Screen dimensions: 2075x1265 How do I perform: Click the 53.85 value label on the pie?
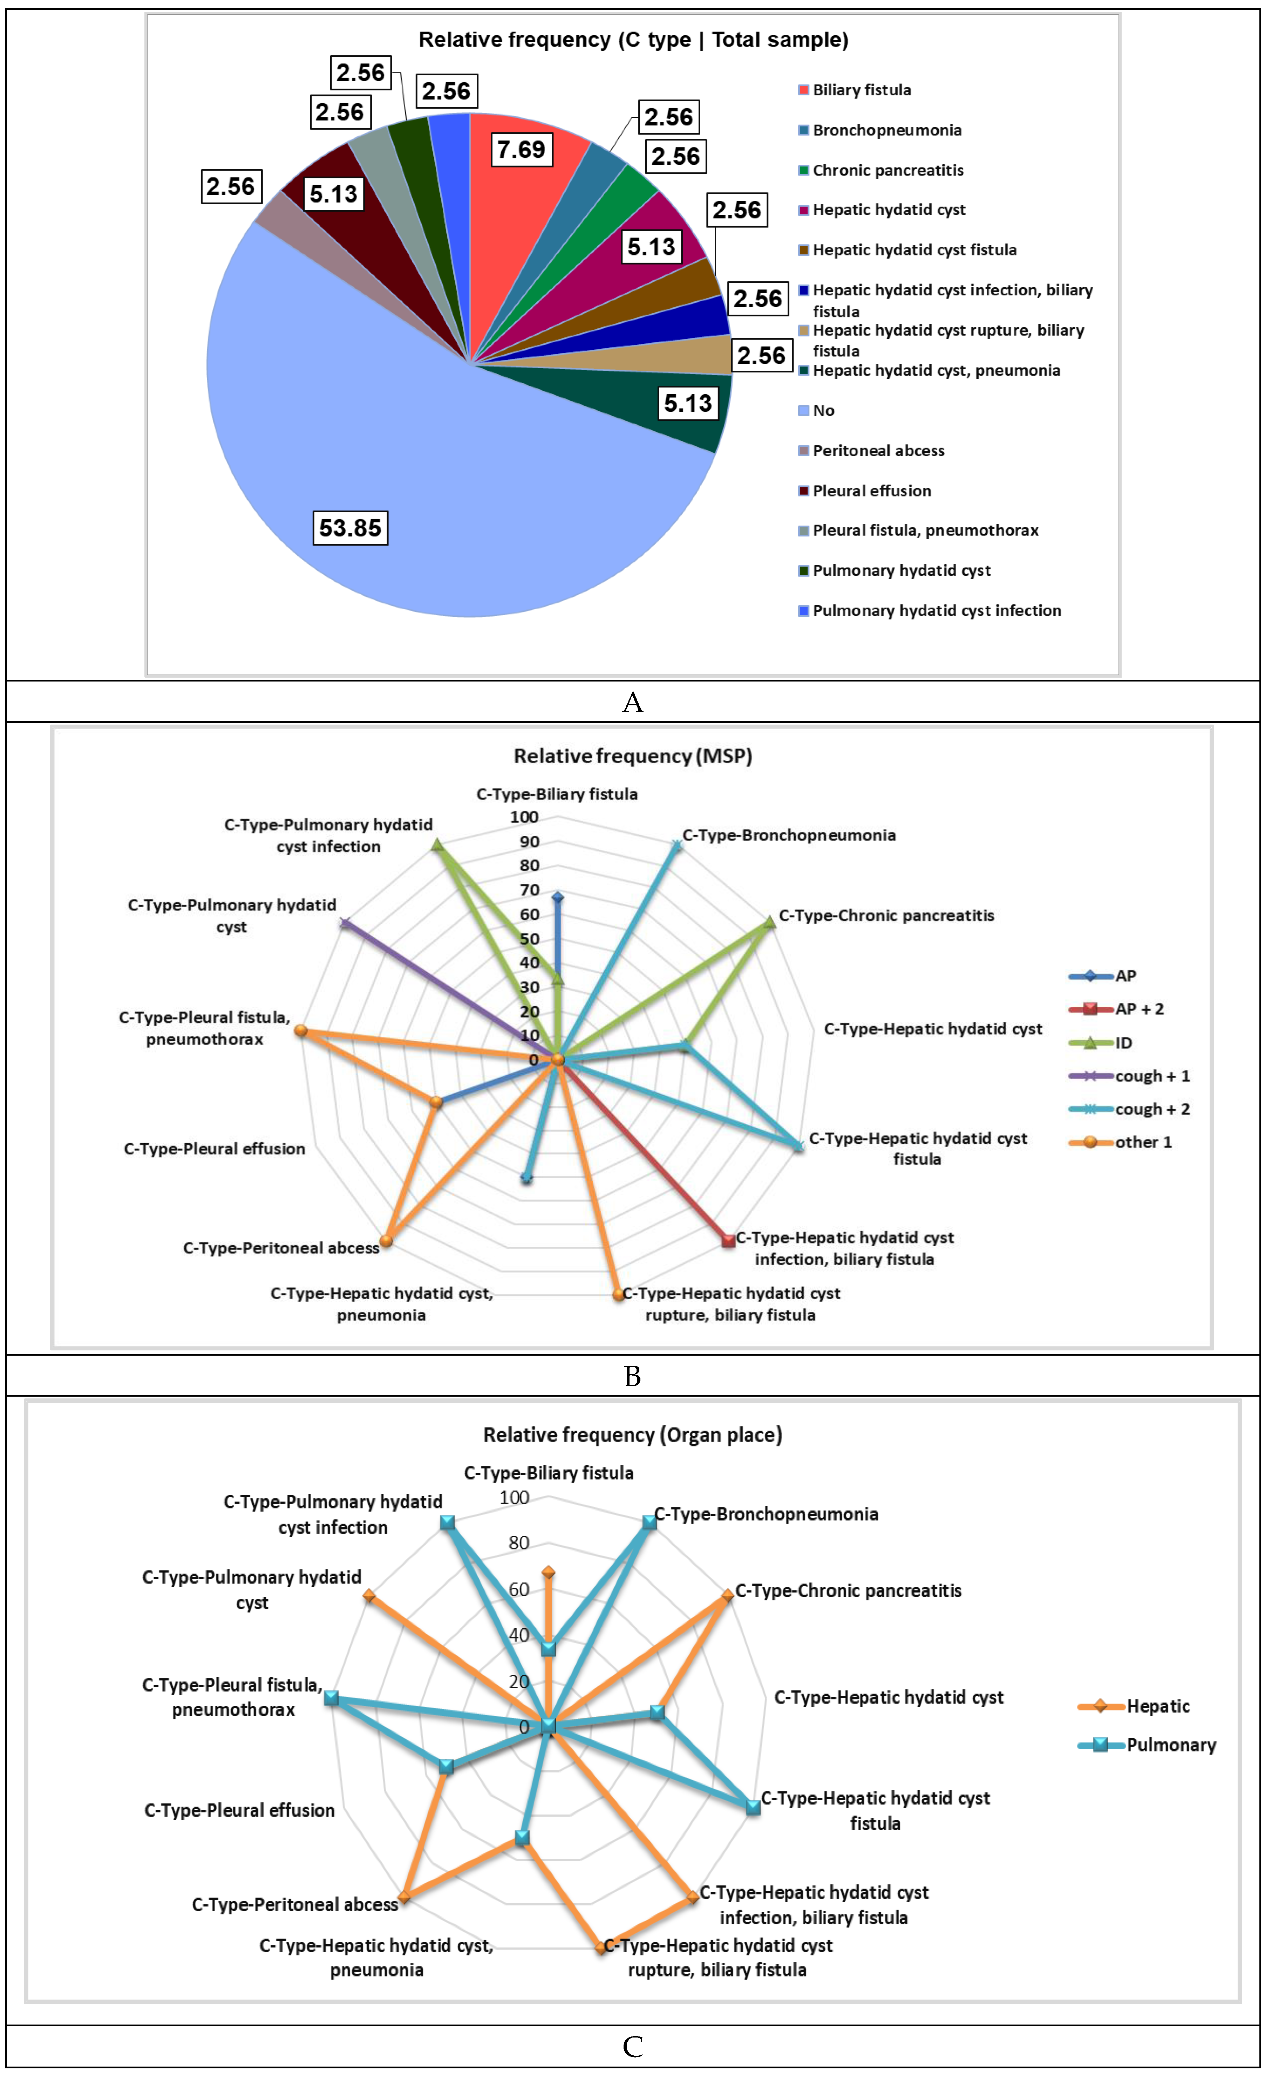[351, 528]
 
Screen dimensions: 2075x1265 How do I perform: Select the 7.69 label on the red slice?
[521, 150]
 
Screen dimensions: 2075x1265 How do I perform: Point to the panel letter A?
[632, 701]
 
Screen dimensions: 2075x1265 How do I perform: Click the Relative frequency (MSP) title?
[632, 755]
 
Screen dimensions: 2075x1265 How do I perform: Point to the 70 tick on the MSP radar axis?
[529, 890]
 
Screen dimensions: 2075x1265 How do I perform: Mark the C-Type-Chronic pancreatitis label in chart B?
[886, 916]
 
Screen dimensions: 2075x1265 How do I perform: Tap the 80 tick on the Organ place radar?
[519, 1543]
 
